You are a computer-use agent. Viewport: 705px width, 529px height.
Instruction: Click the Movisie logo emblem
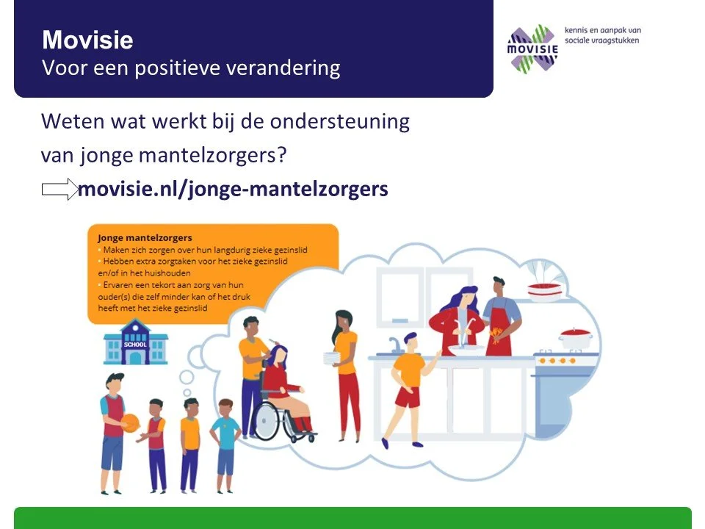(534, 48)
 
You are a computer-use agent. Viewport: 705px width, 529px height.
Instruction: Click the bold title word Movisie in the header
(87, 40)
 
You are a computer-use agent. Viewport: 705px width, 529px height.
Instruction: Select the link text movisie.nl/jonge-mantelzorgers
(233, 189)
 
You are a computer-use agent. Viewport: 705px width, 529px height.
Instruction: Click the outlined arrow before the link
(59, 189)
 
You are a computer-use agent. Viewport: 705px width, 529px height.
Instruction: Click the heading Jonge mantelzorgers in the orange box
(145, 238)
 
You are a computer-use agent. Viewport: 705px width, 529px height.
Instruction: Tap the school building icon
(136, 342)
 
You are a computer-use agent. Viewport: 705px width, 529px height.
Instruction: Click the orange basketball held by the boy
(129, 424)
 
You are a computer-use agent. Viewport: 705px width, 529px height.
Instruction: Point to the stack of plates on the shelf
(545, 291)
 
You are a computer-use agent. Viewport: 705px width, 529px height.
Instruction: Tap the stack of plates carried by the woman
(333, 358)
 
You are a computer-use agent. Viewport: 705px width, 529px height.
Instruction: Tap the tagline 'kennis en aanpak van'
(602, 30)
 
